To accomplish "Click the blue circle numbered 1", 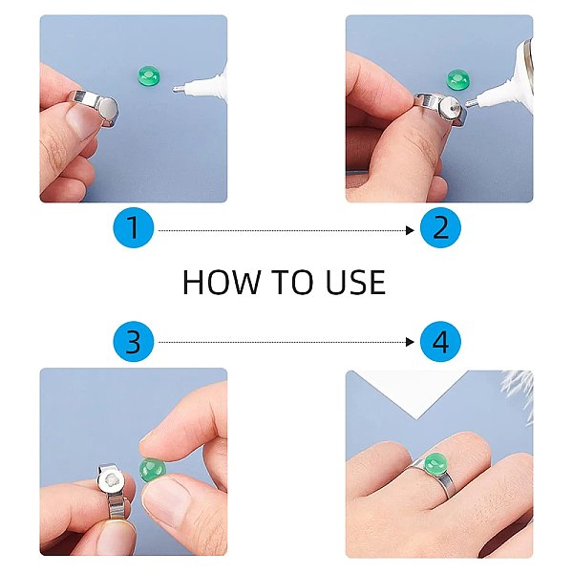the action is pyautogui.click(x=134, y=227).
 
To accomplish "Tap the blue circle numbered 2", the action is pyautogui.click(x=440, y=227).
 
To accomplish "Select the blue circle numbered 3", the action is pyautogui.click(x=134, y=342).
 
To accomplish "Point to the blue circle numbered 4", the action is pyautogui.click(x=440, y=342).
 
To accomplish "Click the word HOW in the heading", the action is pyautogui.click(x=222, y=282).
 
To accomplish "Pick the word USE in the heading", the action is pyautogui.click(x=355, y=282).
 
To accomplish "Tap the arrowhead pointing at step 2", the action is pyautogui.click(x=410, y=230).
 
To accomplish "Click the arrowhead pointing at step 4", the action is pyautogui.click(x=410, y=342).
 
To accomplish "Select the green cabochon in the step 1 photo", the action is pyautogui.click(x=149, y=75).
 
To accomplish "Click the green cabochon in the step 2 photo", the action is pyautogui.click(x=458, y=79).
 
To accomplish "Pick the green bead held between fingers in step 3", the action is pyautogui.click(x=153, y=469).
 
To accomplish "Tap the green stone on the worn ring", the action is pyautogui.click(x=436, y=463).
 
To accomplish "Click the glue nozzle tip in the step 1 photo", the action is pyautogui.click(x=175, y=89).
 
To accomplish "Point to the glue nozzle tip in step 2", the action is pyautogui.click(x=468, y=104).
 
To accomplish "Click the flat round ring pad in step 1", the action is pyautogui.click(x=108, y=108).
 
